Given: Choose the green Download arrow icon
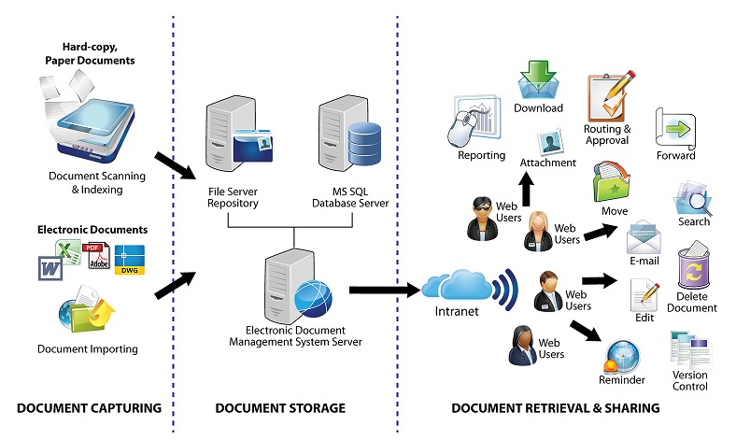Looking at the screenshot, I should [x=538, y=78].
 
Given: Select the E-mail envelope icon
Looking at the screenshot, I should [x=644, y=237].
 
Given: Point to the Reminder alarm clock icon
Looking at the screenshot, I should [x=621, y=354].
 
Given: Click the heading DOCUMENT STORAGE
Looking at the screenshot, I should [x=280, y=408].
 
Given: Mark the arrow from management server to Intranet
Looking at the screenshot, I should [x=382, y=291].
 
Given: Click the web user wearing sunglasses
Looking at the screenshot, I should [x=484, y=217].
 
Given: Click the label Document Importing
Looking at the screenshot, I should [x=88, y=349].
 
